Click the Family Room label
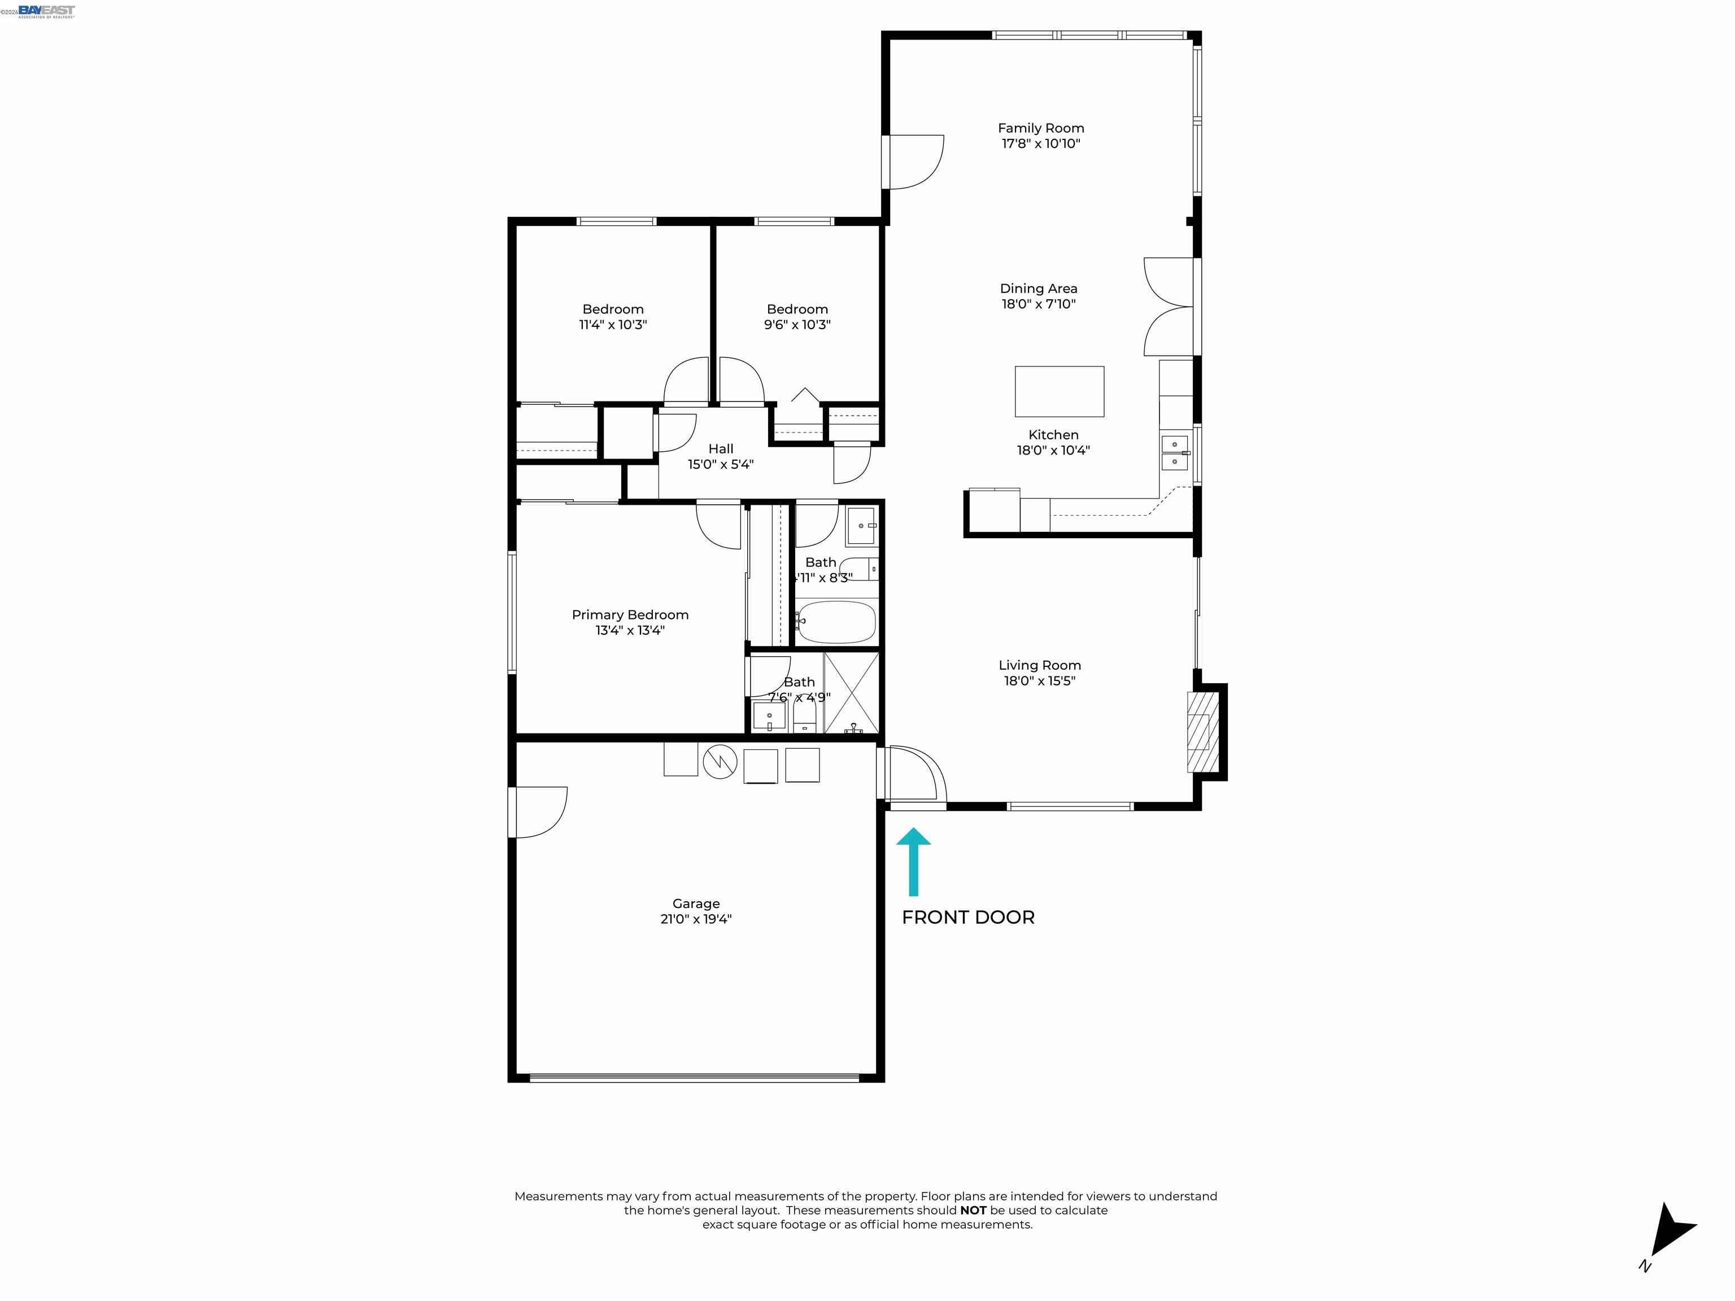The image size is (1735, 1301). (x=1040, y=128)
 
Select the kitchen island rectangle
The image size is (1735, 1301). (x=1059, y=391)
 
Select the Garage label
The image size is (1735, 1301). (x=696, y=903)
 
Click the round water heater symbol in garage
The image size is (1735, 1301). (x=720, y=762)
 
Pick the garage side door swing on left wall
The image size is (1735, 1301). (x=539, y=811)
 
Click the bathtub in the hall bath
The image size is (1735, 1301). (x=836, y=622)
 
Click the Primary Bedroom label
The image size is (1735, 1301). (x=630, y=615)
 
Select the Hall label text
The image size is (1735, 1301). (x=720, y=448)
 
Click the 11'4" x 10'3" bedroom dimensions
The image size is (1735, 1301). (x=613, y=325)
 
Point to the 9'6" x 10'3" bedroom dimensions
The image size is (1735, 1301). (x=797, y=325)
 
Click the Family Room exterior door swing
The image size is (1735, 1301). (x=914, y=162)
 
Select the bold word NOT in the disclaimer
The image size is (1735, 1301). (x=973, y=1210)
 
